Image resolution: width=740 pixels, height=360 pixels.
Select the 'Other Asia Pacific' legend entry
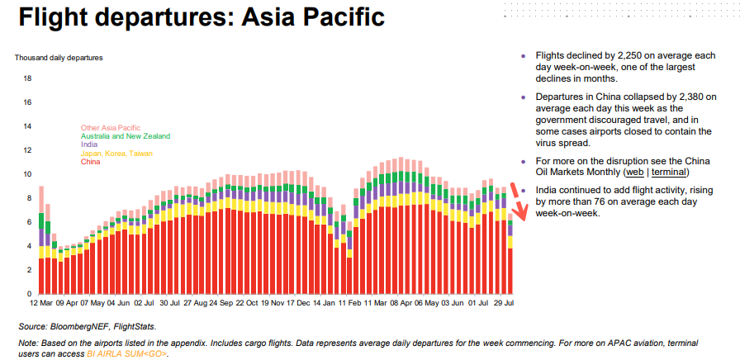coord(111,128)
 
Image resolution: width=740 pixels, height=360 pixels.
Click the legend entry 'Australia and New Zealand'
coord(126,136)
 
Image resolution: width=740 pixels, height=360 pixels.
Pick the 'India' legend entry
coord(89,144)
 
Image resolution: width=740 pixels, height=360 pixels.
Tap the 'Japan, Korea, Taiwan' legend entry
coord(116,154)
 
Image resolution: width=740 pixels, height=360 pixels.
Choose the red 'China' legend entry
coord(91,162)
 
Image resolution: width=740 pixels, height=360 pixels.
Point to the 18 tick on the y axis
coord(27,79)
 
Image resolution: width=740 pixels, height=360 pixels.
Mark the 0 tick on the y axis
coord(29,294)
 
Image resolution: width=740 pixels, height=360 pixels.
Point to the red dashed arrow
coord(512,202)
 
